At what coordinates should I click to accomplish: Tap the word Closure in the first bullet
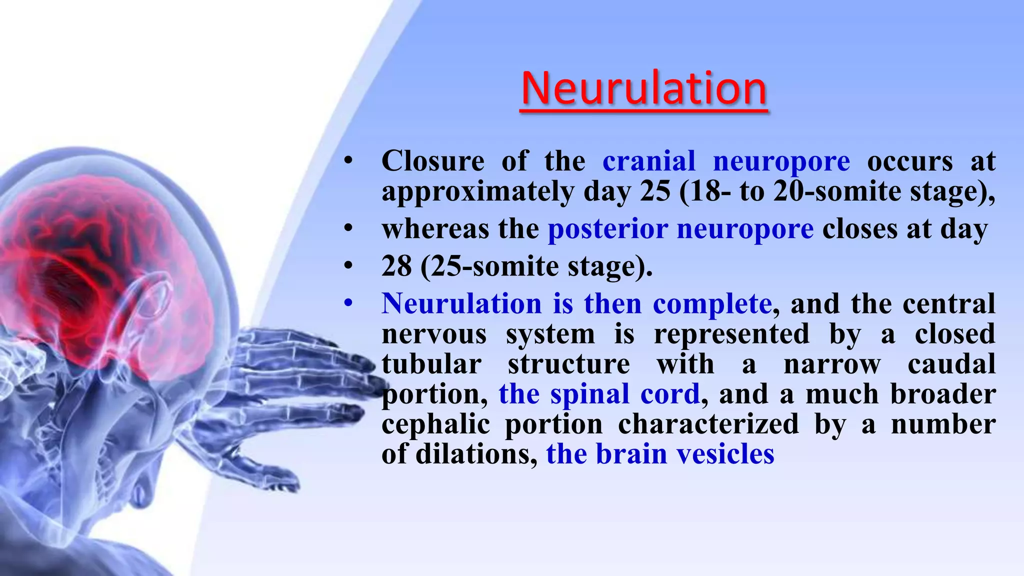[432, 161]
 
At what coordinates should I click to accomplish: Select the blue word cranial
[648, 161]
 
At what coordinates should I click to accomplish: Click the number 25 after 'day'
[654, 191]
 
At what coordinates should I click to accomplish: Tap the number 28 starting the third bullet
[396, 266]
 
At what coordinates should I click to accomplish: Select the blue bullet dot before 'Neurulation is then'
[348, 303]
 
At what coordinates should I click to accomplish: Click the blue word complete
[712, 304]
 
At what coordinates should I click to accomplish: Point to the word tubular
[431, 364]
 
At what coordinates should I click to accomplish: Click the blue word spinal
[589, 394]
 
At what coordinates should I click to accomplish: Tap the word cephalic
[435, 425]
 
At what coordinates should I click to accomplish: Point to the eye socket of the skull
[150, 300]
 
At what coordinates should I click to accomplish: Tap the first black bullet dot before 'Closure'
[348, 161]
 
